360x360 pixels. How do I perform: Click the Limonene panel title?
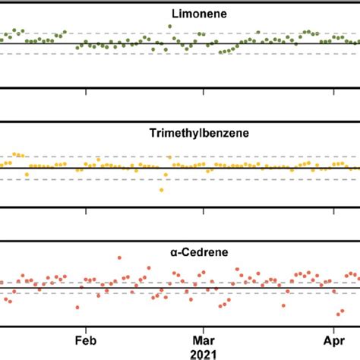coord(179,14)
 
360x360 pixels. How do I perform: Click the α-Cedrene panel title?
coord(179,251)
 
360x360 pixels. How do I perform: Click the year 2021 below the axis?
coord(203,353)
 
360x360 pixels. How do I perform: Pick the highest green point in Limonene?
coord(169,26)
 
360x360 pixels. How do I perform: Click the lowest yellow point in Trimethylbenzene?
coord(161,190)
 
